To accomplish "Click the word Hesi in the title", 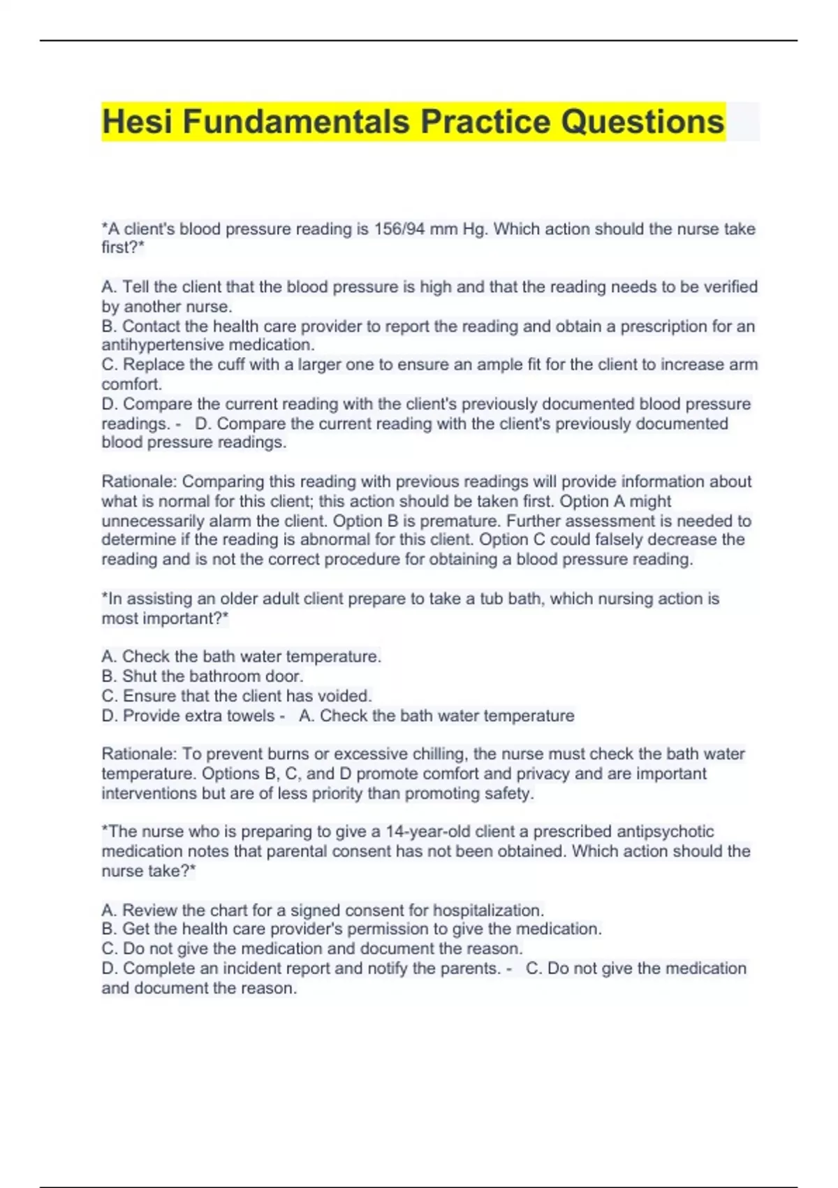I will (138, 122).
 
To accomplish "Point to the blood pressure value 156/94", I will (399, 229).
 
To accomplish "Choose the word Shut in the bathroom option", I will (138, 676).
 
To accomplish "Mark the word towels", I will (251, 716).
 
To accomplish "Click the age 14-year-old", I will (428, 832).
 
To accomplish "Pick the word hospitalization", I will (488, 911).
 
